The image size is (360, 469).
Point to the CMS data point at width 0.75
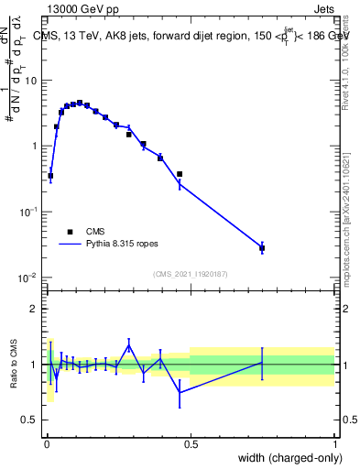click(262, 248)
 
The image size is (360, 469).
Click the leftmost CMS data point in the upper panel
click(50, 176)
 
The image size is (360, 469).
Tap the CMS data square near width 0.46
click(180, 174)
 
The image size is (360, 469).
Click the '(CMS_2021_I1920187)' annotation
click(190, 273)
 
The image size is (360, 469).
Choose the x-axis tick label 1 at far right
click(334, 442)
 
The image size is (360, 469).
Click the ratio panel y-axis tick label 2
click(36, 309)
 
